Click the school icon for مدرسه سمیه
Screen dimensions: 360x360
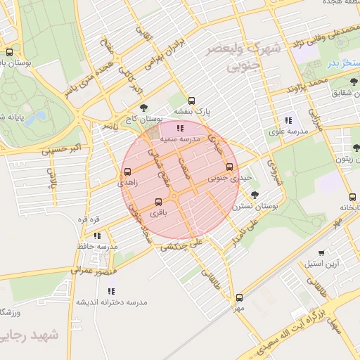tap(180, 128)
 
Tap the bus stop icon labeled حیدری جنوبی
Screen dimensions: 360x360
tap(230, 167)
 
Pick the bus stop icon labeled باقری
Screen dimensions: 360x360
tap(157, 202)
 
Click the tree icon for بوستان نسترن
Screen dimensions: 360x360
tap(254, 194)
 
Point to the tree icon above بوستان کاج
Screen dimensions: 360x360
tap(144, 108)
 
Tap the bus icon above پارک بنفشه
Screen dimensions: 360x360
tap(192, 101)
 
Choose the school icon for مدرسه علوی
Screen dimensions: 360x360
tap(288, 120)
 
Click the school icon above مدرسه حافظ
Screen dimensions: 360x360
tap(97, 236)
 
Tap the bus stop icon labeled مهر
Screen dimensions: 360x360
tap(239, 297)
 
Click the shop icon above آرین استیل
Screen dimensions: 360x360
tap(321, 253)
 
